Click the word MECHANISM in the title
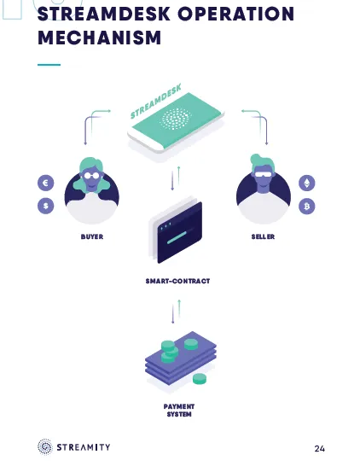(x=100, y=38)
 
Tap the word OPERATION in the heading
(x=235, y=14)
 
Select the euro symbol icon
(x=46, y=183)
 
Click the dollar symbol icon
(x=46, y=206)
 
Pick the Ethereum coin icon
(x=307, y=183)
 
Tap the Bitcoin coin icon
(x=307, y=207)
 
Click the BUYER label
(x=92, y=237)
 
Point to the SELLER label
(x=263, y=237)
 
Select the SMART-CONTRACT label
(x=177, y=281)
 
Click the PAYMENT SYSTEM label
(x=179, y=411)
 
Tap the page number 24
(x=319, y=449)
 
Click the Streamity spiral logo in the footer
(x=45, y=446)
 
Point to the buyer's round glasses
(x=91, y=176)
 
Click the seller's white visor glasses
(x=264, y=174)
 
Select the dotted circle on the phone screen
(x=177, y=119)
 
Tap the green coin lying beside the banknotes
(x=200, y=379)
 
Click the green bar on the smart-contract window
(x=178, y=238)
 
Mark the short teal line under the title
(x=49, y=65)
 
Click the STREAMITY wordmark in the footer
(x=84, y=447)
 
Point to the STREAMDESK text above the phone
(x=156, y=101)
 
